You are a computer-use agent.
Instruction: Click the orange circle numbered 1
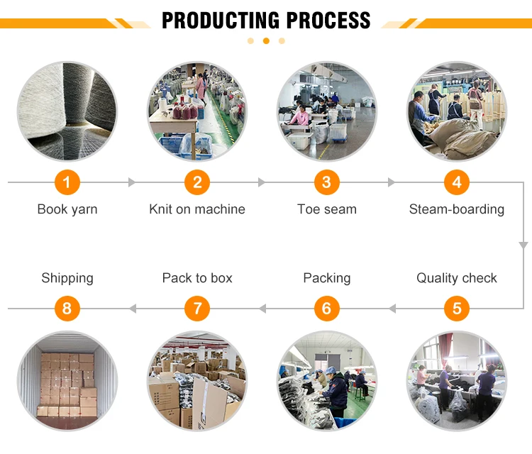click(x=67, y=183)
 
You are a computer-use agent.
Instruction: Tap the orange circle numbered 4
click(x=457, y=183)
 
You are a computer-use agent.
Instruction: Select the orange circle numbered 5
click(x=457, y=309)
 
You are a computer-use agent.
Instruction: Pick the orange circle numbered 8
click(x=67, y=309)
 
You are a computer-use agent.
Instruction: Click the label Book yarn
click(x=67, y=209)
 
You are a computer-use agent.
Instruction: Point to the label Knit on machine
click(x=197, y=209)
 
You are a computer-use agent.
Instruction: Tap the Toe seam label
click(x=327, y=209)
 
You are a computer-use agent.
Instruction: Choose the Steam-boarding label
click(x=457, y=209)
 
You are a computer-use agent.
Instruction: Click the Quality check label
click(x=457, y=278)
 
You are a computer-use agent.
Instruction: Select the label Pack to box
click(x=197, y=278)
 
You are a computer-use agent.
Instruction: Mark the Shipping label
click(x=67, y=278)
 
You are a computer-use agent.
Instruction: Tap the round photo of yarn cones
click(x=67, y=111)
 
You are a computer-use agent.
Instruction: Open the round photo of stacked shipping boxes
click(x=67, y=380)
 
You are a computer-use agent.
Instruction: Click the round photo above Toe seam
click(x=327, y=111)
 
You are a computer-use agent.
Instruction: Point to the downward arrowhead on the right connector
click(x=523, y=245)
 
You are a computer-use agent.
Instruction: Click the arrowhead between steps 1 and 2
click(x=131, y=183)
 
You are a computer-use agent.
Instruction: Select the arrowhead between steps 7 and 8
click(x=132, y=309)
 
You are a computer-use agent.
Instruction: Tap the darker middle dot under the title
click(x=266, y=41)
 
